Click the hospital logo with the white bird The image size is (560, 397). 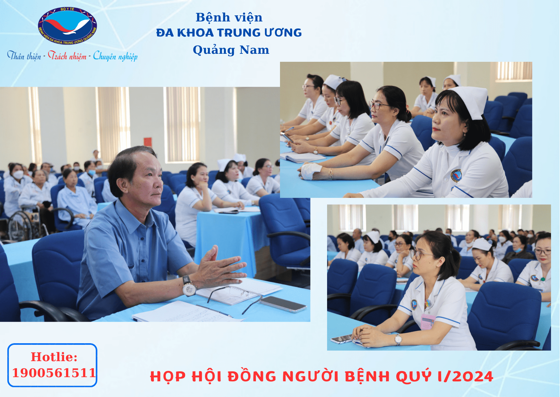pyautogui.click(x=67, y=26)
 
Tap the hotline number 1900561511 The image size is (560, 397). pyautogui.click(x=54, y=373)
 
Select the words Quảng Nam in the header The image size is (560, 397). pyautogui.click(x=231, y=50)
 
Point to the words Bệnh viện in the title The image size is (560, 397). pyautogui.click(x=229, y=18)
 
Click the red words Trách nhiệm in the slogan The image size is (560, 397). pyautogui.click(x=67, y=56)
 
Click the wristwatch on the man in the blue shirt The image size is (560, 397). pyautogui.click(x=189, y=286)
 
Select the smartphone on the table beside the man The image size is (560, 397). pyautogui.click(x=283, y=304)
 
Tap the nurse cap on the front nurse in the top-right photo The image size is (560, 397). pyautogui.click(x=469, y=101)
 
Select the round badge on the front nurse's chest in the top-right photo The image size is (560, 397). pyautogui.click(x=456, y=175)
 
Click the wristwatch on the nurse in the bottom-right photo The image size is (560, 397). pyautogui.click(x=398, y=339)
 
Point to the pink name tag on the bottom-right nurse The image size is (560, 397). pyautogui.click(x=427, y=322)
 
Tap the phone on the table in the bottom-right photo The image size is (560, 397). pyautogui.click(x=342, y=339)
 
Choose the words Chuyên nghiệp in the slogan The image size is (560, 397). pyautogui.click(x=115, y=56)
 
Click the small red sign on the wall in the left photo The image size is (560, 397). pyautogui.click(x=148, y=142)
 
